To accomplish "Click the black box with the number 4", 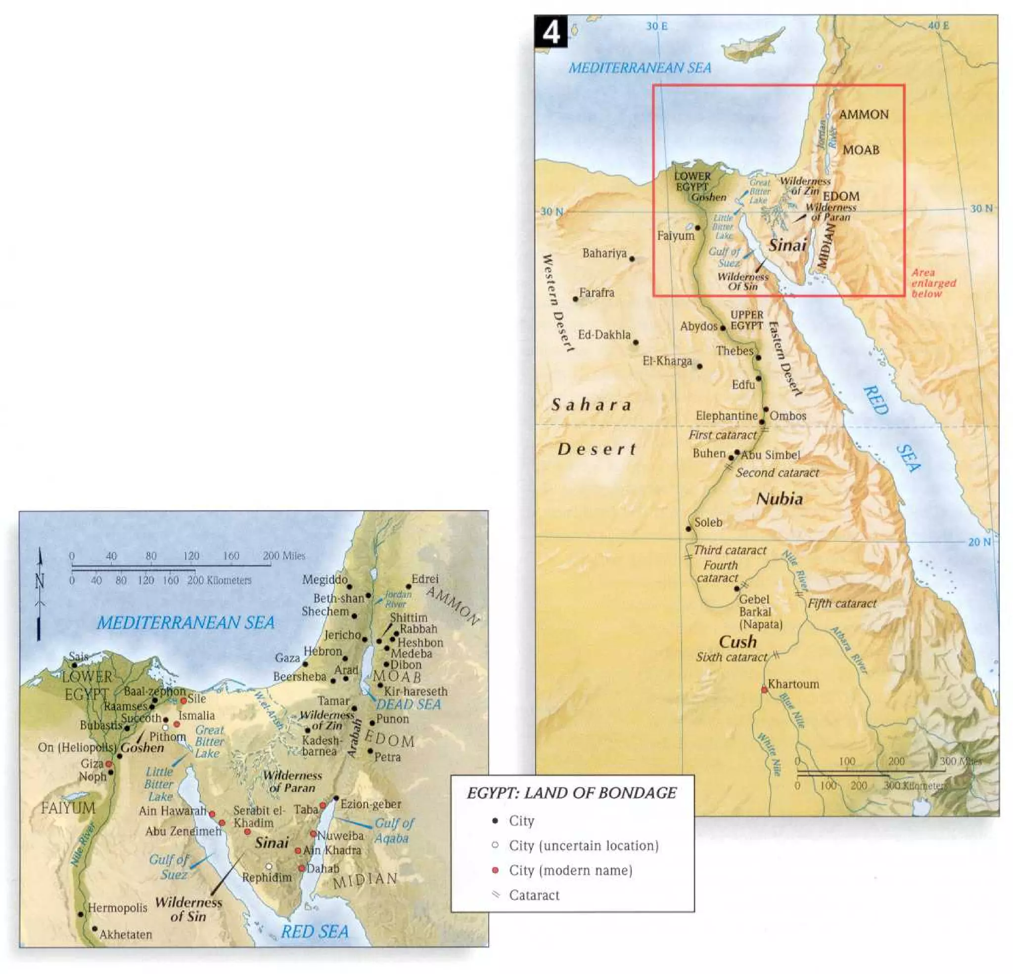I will (551, 32).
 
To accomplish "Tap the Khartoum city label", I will (793, 684).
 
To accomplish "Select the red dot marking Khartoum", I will (764, 690).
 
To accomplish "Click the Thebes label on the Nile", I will (735, 351).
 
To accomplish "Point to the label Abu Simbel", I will (771, 455).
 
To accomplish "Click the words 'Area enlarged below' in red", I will (933, 283).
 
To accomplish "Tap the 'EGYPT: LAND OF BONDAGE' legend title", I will (572, 793).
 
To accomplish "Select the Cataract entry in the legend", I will (534, 895).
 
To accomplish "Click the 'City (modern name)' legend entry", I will (570, 870).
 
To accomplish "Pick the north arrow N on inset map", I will (40, 582).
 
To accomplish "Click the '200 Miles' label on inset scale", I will (284, 556).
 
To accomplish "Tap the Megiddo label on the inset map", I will (324, 580).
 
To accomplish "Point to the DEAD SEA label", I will (408, 704).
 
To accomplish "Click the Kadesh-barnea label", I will (321, 745).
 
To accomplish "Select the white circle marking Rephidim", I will (269, 866).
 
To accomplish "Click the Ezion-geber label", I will (370, 804).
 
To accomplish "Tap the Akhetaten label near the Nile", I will (126, 934).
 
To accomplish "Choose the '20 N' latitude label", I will (979, 542).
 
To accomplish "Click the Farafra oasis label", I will (597, 293).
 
